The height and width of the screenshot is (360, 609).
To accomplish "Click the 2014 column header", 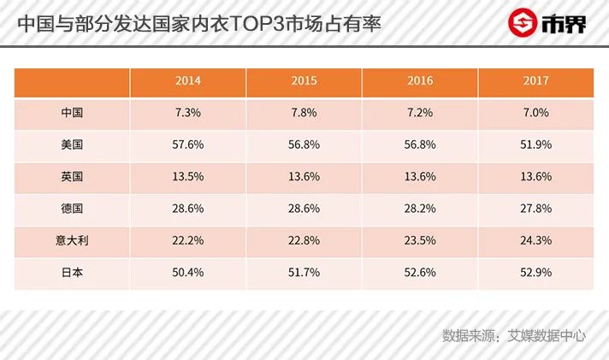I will pos(188,81).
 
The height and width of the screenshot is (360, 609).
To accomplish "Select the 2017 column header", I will pos(535,81).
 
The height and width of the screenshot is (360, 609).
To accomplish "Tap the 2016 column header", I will pos(420,81).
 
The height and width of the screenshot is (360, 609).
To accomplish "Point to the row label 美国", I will pos(73,145).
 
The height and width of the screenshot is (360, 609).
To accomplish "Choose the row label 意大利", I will pos(73,241).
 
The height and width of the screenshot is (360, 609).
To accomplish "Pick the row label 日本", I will pos(73,273).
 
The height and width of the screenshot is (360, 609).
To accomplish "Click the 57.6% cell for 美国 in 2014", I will pos(188,145).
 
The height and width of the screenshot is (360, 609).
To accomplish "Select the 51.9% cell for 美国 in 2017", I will pos(535,145).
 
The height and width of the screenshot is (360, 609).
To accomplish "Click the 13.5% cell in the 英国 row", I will pos(188,177).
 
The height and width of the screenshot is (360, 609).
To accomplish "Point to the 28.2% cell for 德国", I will pos(420,209).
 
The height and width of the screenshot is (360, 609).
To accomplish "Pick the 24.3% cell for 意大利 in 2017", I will pos(535,241).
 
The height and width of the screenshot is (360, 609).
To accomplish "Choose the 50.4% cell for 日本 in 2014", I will pos(188,273).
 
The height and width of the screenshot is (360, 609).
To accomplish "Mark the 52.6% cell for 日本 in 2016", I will pos(420,273).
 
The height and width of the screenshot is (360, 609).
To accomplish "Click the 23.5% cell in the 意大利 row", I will pos(420,241).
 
